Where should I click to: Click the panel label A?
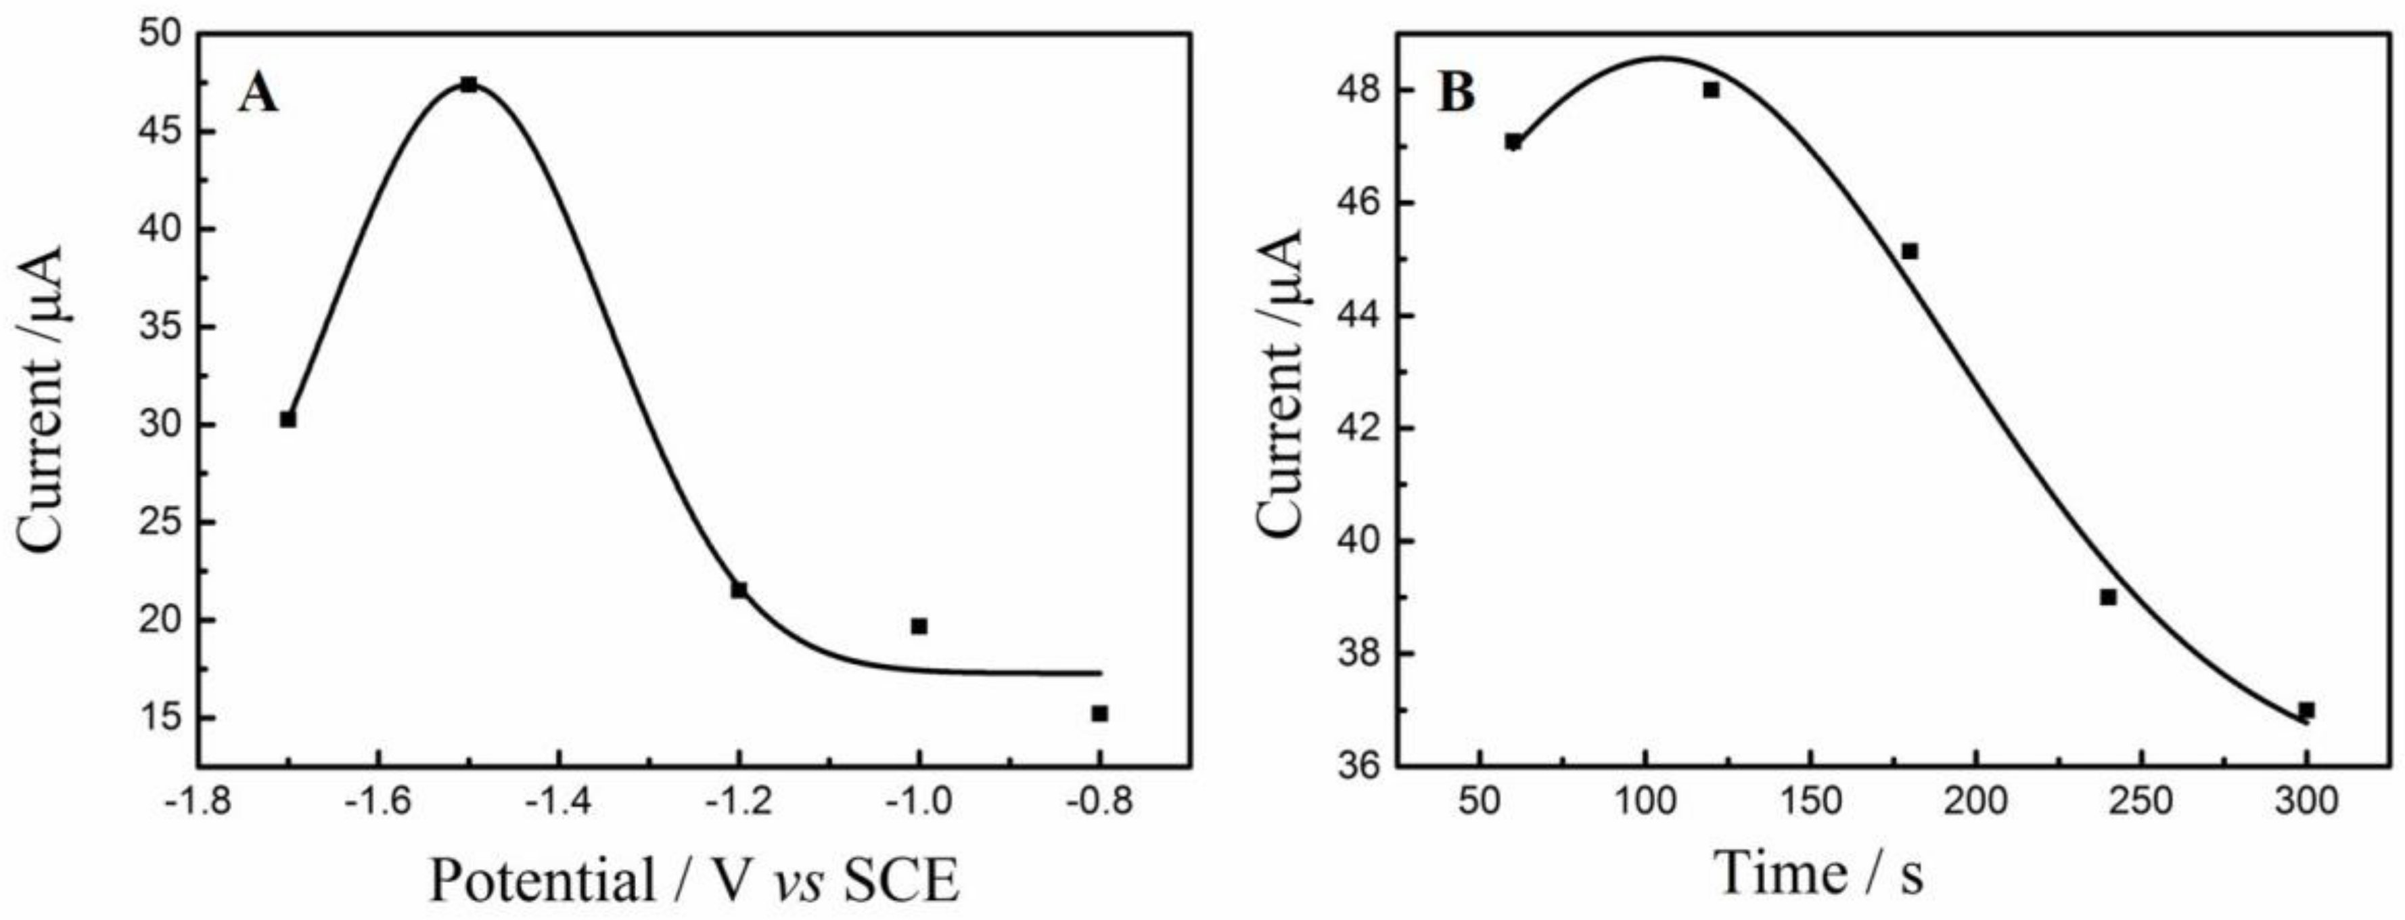tap(258, 94)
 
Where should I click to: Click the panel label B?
tap(1457, 94)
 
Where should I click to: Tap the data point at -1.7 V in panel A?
tap(288, 419)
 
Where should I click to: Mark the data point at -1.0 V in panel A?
tap(919, 626)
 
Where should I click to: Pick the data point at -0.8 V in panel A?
tap(1100, 714)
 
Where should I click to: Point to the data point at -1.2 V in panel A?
tap(739, 590)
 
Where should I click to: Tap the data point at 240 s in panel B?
tap(2108, 597)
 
